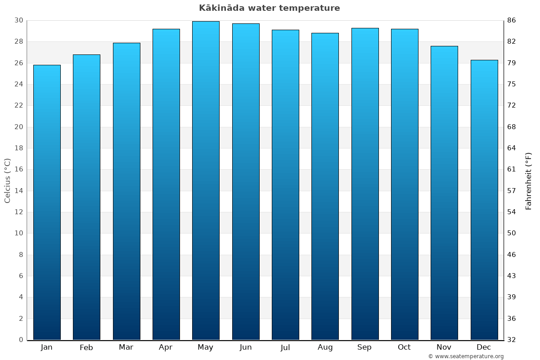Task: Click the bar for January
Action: (x=47, y=202)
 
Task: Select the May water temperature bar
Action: (x=206, y=180)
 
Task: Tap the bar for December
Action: (x=484, y=200)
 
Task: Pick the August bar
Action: (x=325, y=186)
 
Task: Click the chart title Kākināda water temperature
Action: (x=270, y=8)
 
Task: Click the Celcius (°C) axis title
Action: (x=7, y=180)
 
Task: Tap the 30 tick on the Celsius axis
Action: (x=18, y=20)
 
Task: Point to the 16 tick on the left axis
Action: (x=18, y=170)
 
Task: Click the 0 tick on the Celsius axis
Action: (x=21, y=340)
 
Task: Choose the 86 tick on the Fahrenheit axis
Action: (x=512, y=20)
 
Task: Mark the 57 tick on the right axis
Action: (x=512, y=191)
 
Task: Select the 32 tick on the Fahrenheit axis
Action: (x=512, y=340)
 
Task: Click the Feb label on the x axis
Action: (x=86, y=347)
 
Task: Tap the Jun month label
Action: (x=246, y=347)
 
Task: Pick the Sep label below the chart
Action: (x=364, y=347)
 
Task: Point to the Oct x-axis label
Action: (x=404, y=347)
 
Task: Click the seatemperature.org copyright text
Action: (x=466, y=356)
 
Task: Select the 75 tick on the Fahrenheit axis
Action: (x=512, y=84)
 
